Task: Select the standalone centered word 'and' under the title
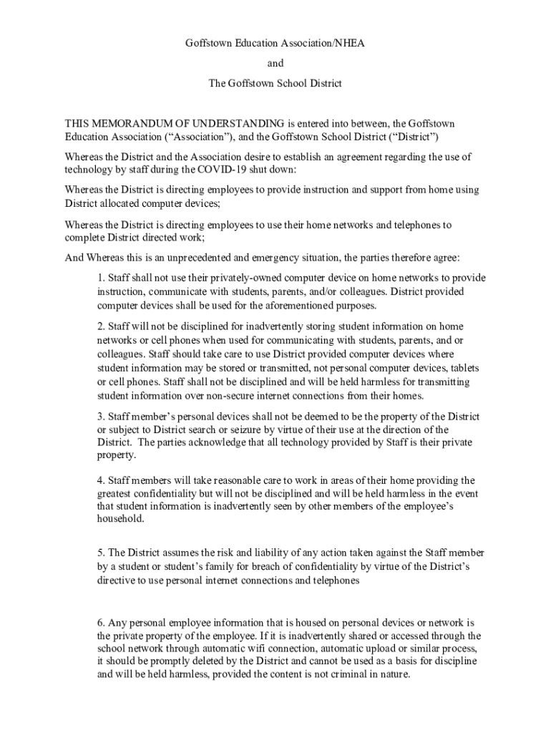coord(275,63)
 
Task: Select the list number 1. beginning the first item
coord(101,278)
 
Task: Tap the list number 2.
coord(101,326)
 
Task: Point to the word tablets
coord(463,368)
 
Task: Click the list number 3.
coord(101,417)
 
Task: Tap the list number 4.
coord(101,480)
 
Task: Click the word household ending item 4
coord(120,520)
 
